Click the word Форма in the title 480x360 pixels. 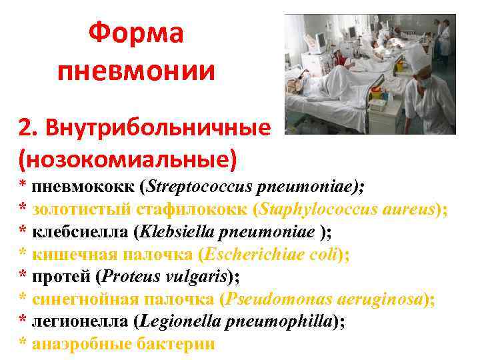tap(136, 33)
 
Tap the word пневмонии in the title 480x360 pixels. tap(136, 70)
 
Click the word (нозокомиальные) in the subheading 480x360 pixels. tap(128, 159)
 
